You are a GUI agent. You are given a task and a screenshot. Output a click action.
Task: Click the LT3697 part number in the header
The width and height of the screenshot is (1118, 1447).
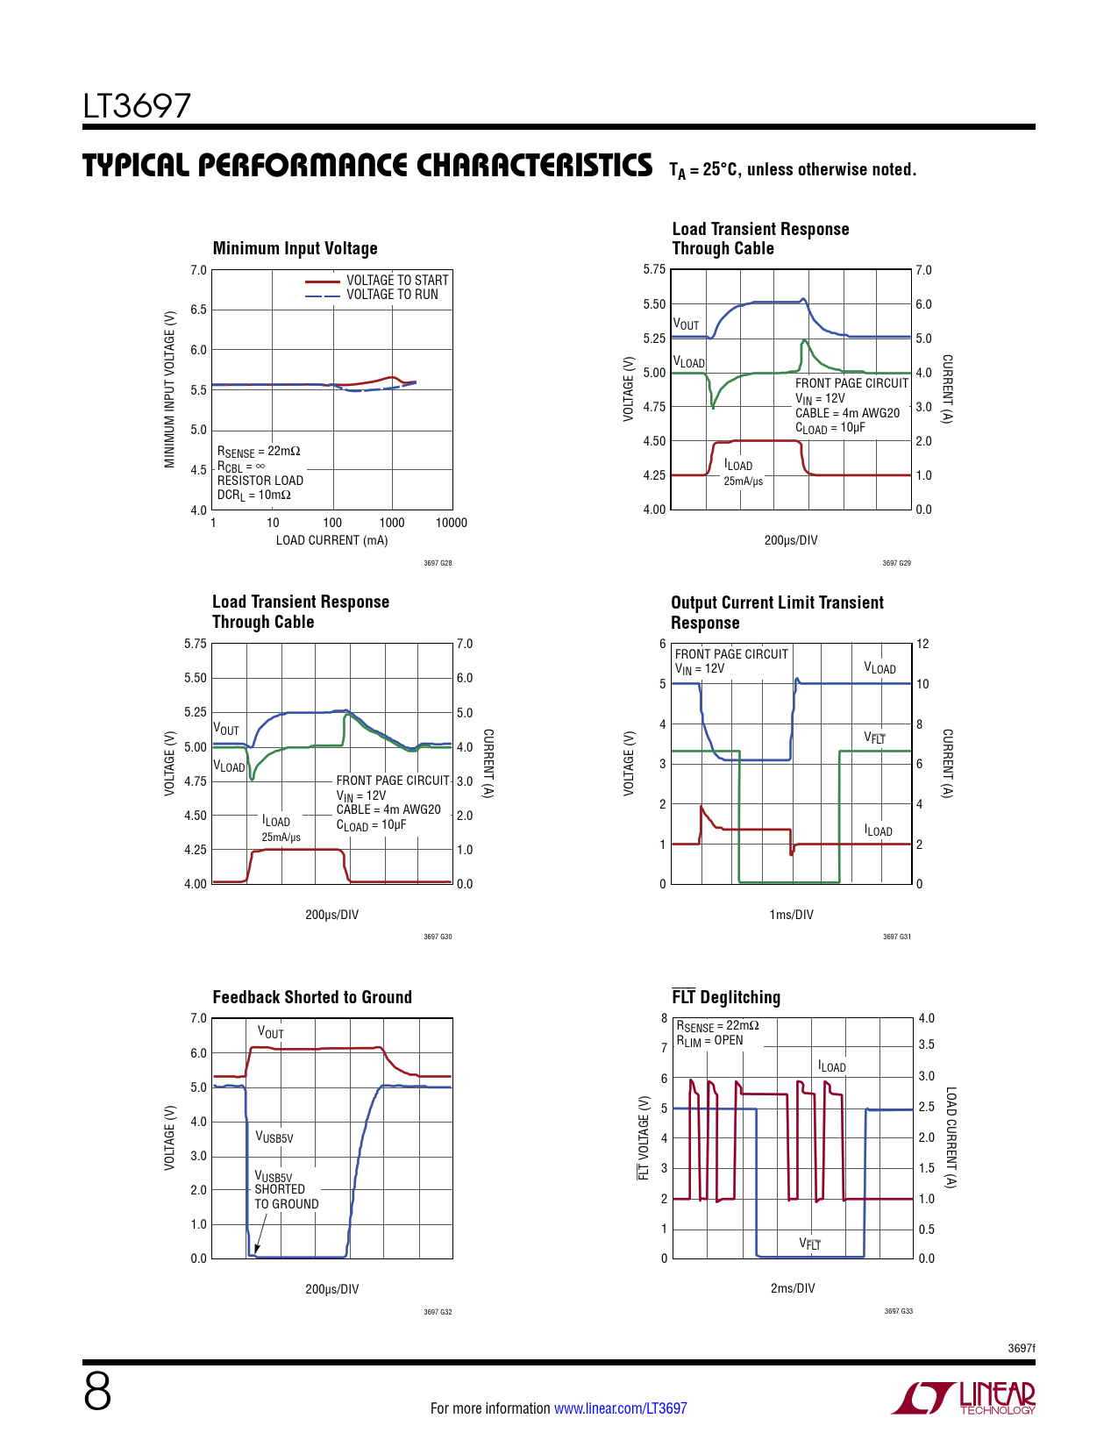pos(137,106)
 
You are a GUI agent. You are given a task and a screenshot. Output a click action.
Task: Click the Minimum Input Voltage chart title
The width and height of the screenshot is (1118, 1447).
pos(295,248)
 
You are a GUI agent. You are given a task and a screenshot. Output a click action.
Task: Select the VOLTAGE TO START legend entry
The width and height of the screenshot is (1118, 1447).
pos(396,280)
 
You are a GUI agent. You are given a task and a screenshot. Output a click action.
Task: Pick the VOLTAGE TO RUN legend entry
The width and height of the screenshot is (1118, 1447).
pos(391,295)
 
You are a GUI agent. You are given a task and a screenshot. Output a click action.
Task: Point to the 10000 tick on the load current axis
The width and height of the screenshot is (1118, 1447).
pos(452,523)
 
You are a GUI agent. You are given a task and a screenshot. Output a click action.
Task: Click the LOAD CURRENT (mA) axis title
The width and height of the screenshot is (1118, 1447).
pos(331,540)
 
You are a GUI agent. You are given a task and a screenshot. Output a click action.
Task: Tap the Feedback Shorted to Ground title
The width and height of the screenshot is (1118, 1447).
pos(312,997)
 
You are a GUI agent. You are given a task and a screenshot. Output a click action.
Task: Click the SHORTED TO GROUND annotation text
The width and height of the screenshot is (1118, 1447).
pos(286,1196)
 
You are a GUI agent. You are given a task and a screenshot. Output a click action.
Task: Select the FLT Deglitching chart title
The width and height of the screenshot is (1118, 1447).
pos(726,997)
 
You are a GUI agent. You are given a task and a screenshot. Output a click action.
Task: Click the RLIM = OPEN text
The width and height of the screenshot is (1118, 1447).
pos(709,1041)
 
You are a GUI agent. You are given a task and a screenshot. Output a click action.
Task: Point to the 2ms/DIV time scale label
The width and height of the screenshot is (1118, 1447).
pos(792,1288)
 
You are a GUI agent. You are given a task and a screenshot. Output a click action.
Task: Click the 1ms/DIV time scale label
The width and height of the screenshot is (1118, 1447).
pos(791,915)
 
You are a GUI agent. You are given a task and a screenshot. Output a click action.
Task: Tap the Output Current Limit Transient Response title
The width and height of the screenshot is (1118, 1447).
pos(777,612)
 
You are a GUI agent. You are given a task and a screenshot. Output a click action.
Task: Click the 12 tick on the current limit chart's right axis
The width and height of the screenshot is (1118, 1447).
pos(922,644)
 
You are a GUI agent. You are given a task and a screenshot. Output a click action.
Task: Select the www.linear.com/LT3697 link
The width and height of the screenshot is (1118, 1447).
pos(620,1408)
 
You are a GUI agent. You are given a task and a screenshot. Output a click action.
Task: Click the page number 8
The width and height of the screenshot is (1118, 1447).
pos(97,1392)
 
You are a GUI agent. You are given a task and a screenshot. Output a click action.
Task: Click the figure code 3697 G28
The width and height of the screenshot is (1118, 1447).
pos(438,563)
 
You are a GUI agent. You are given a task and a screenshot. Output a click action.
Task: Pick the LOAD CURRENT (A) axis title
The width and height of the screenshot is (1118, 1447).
pos(951,1137)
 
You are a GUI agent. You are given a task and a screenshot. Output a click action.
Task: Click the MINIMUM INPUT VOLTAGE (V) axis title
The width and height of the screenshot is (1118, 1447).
pos(170,388)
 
